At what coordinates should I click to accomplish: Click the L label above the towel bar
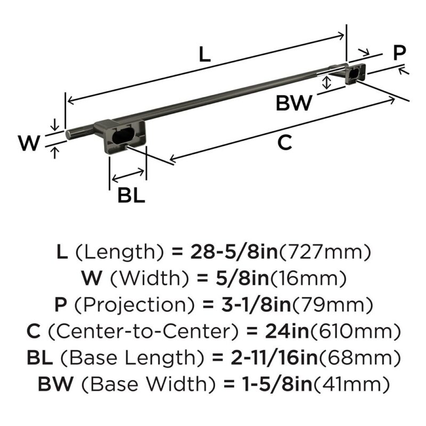point(204,54)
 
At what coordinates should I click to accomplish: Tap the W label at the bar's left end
point(29,143)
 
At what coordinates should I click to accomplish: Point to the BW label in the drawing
point(294,103)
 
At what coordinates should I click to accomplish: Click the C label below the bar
point(285,142)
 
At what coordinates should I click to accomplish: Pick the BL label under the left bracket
point(131,195)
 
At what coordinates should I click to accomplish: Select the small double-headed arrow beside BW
point(326,83)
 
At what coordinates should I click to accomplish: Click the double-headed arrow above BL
point(128,176)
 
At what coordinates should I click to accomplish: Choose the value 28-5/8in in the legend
point(234,252)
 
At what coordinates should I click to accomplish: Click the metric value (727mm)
point(325,252)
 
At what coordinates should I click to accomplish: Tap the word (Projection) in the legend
point(135,305)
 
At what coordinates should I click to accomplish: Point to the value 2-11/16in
point(274,358)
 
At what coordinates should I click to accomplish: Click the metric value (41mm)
point(352,384)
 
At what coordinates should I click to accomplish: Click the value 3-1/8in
point(256,305)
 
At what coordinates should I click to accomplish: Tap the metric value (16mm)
point(308,278)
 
